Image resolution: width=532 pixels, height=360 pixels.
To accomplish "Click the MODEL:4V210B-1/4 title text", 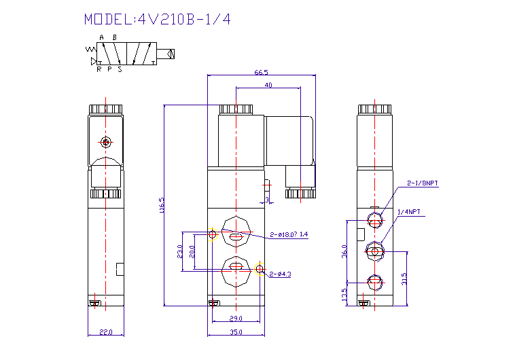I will pyautogui.click(x=157, y=19).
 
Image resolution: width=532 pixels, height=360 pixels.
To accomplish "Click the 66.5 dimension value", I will pyautogui.click(x=261, y=72).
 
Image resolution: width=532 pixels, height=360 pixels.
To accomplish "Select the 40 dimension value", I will pyautogui.click(x=268, y=85).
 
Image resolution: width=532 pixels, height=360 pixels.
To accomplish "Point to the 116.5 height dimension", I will pyautogui.click(x=162, y=206).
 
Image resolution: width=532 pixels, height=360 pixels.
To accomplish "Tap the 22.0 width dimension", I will pyautogui.click(x=105, y=332).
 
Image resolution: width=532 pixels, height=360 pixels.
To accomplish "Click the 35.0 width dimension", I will pyautogui.click(x=236, y=332).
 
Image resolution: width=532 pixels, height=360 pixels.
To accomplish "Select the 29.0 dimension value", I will pyautogui.click(x=236, y=318).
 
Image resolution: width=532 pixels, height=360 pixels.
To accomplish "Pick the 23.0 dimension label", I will pyautogui.click(x=180, y=251).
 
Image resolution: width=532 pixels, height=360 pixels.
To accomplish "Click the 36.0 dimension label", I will pyautogui.click(x=344, y=251).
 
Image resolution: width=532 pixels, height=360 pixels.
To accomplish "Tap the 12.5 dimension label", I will pyautogui.click(x=344, y=294).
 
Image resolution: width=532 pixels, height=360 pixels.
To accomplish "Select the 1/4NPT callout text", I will pyautogui.click(x=408, y=212).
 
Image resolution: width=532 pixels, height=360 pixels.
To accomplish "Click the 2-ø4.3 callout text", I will pyautogui.click(x=280, y=274).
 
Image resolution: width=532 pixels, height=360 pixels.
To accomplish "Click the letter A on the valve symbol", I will pyautogui.click(x=101, y=37).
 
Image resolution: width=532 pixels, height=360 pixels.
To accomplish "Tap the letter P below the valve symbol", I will pyautogui.click(x=109, y=69).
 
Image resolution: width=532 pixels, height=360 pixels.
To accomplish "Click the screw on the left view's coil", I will pyautogui.click(x=105, y=143).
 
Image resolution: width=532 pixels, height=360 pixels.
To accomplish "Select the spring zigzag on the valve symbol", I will pyautogui.click(x=90, y=50).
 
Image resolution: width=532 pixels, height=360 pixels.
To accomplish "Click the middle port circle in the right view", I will pyautogui.click(x=374, y=251).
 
